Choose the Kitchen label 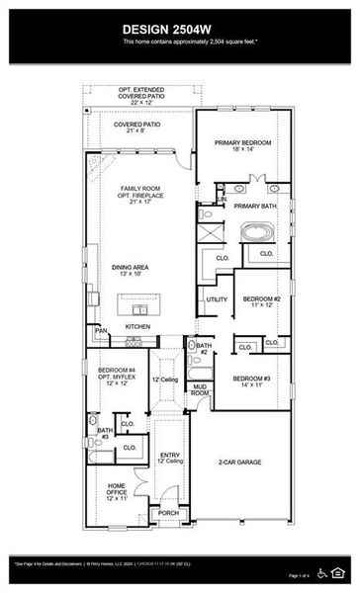[137, 326]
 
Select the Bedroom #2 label [262, 301]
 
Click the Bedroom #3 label [253, 382]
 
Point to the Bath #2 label [203, 348]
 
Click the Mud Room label [200, 389]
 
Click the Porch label [169, 513]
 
